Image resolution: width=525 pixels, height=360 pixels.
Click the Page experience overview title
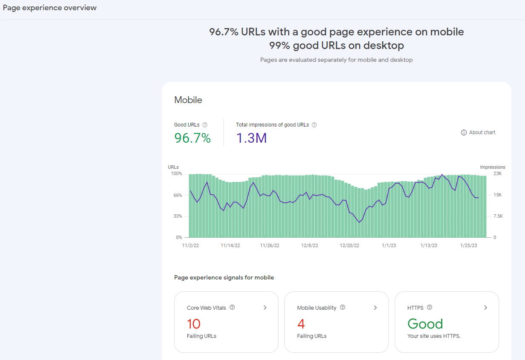[x=50, y=8]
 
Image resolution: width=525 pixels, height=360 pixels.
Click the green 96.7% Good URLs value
[x=192, y=138]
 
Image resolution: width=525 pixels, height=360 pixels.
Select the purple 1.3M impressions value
[x=251, y=138]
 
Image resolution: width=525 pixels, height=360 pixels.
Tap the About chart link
[x=478, y=132]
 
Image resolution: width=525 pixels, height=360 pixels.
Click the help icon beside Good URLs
[x=205, y=125]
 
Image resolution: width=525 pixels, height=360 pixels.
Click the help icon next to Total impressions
[x=314, y=125]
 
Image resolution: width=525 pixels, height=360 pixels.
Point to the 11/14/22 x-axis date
[x=230, y=245]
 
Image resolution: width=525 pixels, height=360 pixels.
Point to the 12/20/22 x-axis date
[x=349, y=245]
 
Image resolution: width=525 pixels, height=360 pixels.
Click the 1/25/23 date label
[x=468, y=245]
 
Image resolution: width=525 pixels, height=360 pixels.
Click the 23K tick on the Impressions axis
[x=497, y=174]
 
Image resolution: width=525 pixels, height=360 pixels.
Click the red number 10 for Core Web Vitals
[x=194, y=324]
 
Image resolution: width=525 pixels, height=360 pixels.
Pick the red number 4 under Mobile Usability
[x=301, y=324]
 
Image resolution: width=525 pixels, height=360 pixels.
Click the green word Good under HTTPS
[x=425, y=324]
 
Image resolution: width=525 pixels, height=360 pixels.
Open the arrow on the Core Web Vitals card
[x=265, y=308]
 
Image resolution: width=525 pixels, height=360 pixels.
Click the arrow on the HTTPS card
[x=485, y=308]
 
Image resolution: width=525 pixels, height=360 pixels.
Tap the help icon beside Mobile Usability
[x=343, y=308]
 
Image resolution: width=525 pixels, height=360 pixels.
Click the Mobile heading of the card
[x=188, y=100]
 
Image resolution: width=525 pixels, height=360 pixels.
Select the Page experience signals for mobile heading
[x=224, y=277]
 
